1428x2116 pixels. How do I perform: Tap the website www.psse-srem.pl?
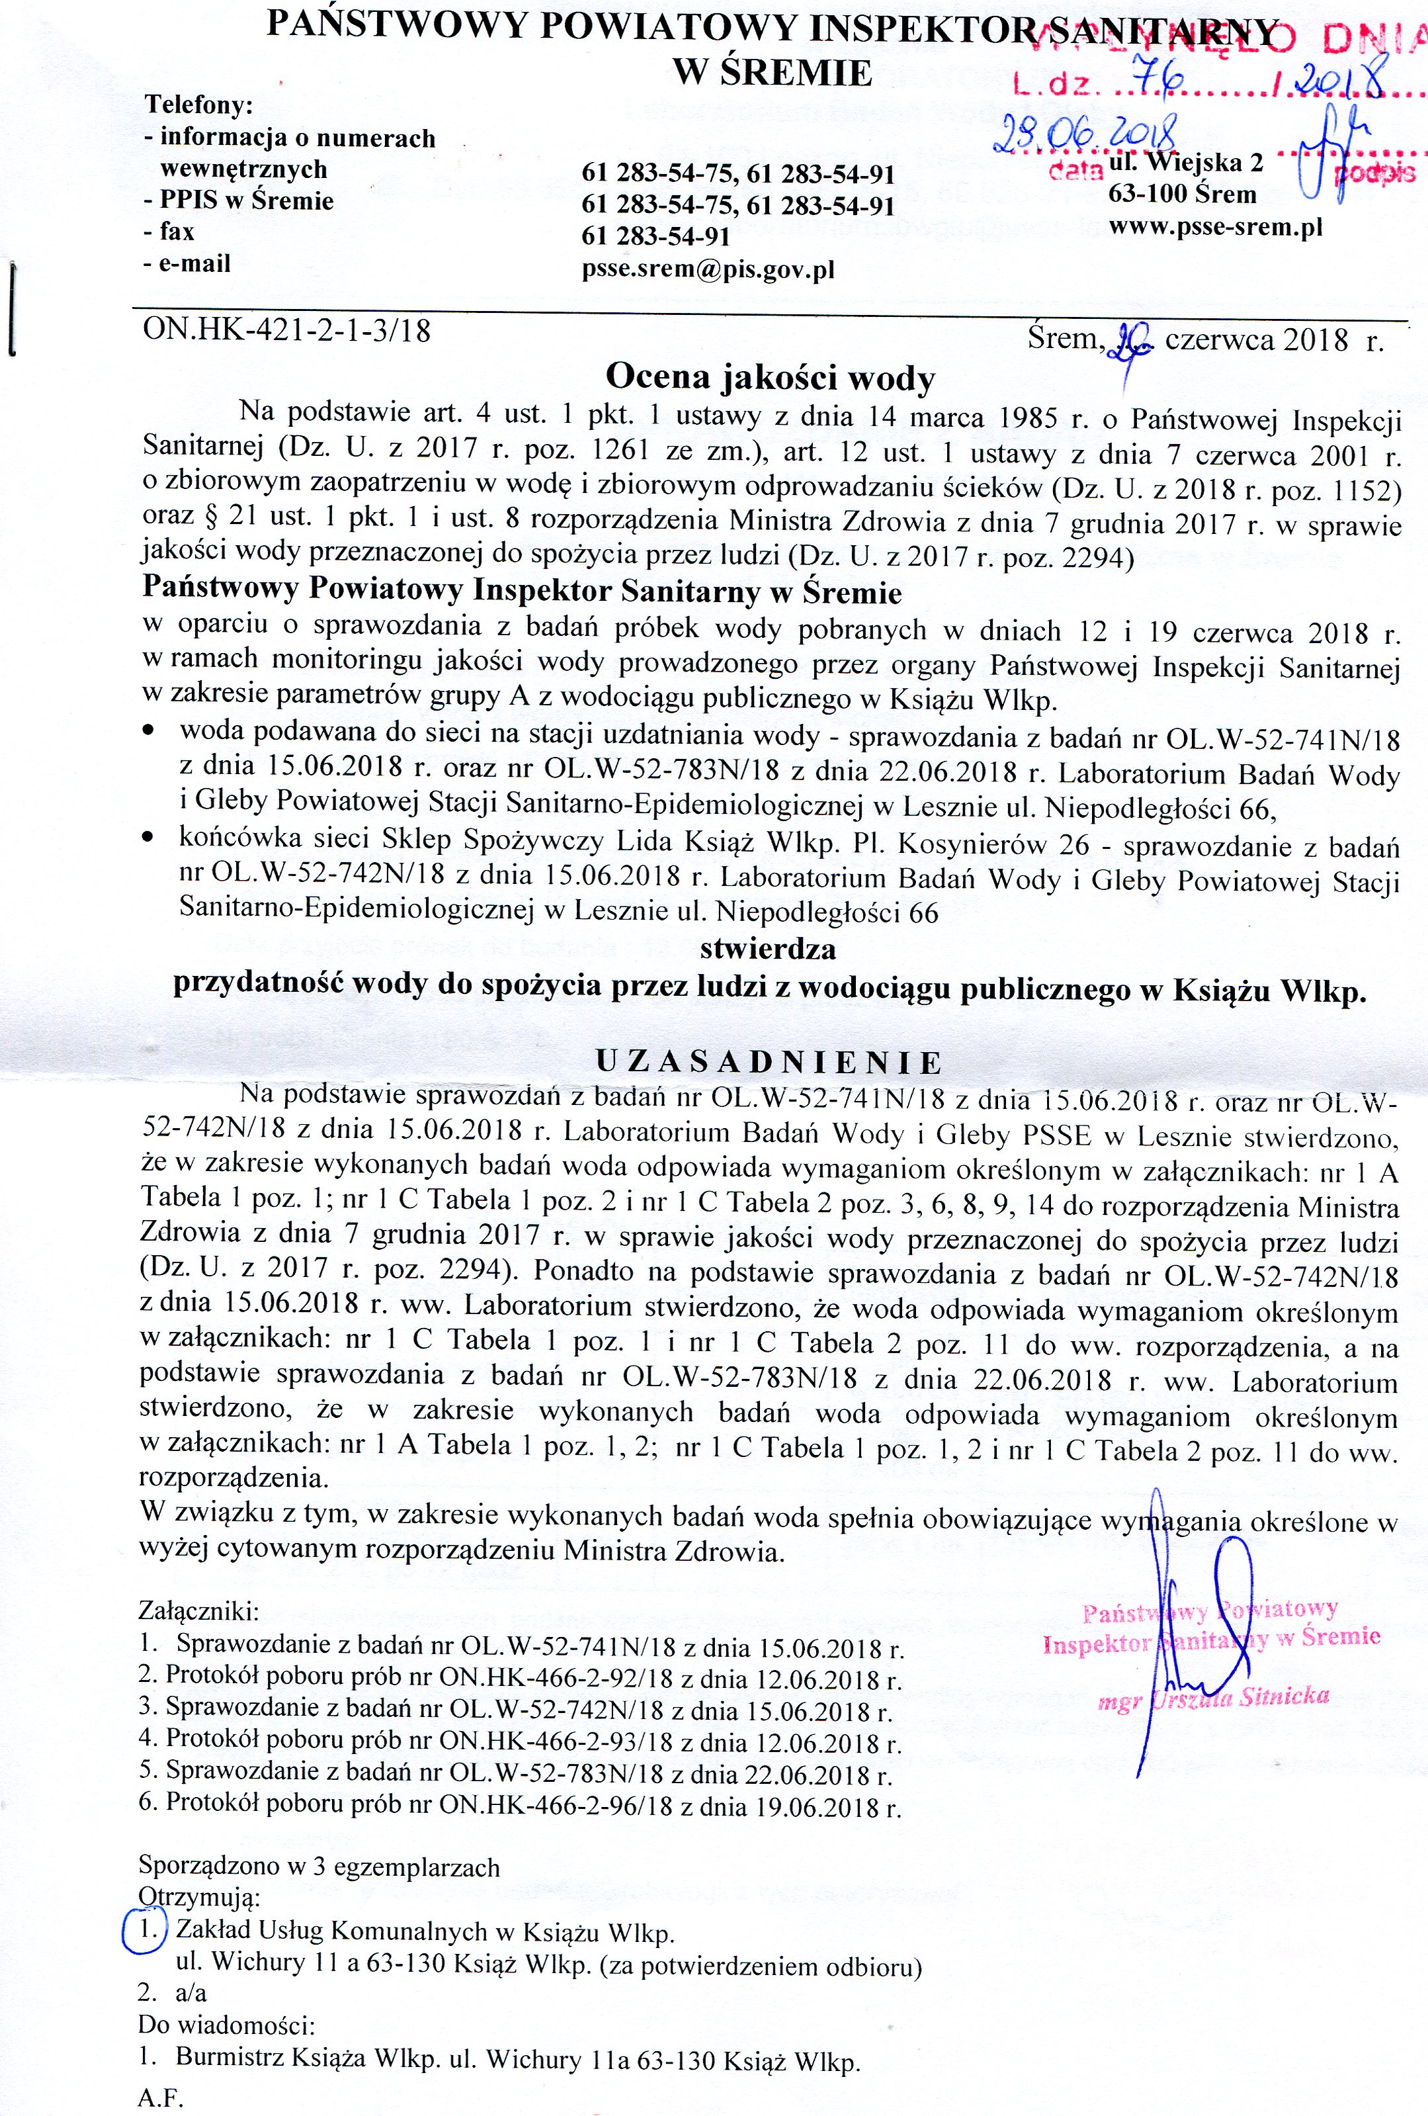coord(1215,226)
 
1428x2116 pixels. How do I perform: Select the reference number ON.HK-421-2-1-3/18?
coord(286,329)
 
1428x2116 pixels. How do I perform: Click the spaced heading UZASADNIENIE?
coord(769,1062)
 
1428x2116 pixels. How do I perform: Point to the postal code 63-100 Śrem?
coord(1181,194)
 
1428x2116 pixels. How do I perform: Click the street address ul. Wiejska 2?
coord(1186,163)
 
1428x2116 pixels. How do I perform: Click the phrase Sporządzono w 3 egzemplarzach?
coord(319,1867)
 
